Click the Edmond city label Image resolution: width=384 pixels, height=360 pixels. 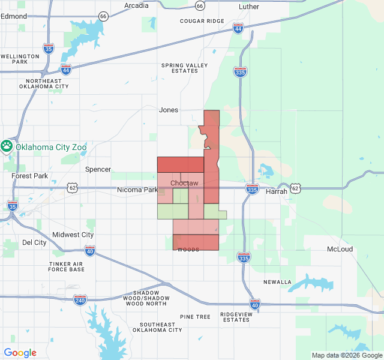[x=13, y=16]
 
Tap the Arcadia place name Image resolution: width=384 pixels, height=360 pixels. [x=136, y=5]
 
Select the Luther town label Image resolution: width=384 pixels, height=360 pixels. [x=249, y=7]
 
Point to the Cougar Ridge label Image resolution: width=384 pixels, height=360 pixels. [x=202, y=21]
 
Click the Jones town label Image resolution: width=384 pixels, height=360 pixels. [x=169, y=110]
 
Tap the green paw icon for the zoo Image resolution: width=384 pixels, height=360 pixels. [x=7, y=146]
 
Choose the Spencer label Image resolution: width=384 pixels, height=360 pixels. [x=98, y=169]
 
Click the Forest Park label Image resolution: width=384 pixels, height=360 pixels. [x=29, y=176]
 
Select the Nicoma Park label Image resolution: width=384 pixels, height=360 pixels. [x=137, y=190]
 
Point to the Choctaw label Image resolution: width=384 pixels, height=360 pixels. [x=184, y=183]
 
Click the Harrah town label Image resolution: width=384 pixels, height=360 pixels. [x=277, y=191]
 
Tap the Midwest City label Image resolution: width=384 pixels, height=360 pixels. [x=73, y=235]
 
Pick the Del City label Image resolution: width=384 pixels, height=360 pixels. [x=34, y=243]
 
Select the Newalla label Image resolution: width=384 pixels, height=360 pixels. [x=277, y=282]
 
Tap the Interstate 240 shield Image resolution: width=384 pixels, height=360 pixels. [x=80, y=300]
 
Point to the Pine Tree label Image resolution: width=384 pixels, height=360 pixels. [x=195, y=316]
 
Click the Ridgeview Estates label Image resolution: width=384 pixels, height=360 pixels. [x=235, y=317]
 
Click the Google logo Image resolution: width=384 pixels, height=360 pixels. [x=20, y=353]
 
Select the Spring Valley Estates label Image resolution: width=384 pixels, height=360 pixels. [x=184, y=68]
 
